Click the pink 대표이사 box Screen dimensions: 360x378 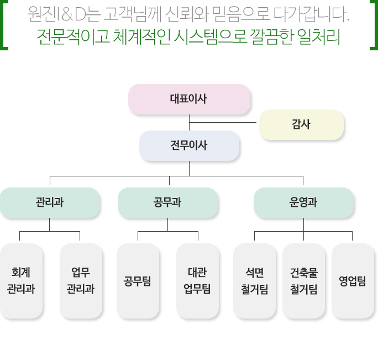189,99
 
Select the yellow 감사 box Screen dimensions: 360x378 301,124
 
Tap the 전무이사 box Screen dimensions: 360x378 189,145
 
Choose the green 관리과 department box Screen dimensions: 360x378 50,202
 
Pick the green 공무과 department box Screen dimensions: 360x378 167,202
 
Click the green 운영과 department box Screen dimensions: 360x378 303,202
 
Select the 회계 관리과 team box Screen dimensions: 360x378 21,280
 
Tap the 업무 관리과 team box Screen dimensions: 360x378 81,280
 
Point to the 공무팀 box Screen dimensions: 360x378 138,280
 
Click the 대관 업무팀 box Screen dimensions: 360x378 197,280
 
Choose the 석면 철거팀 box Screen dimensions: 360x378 254,280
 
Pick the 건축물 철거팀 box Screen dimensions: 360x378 303,280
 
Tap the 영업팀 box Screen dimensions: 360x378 353,280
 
